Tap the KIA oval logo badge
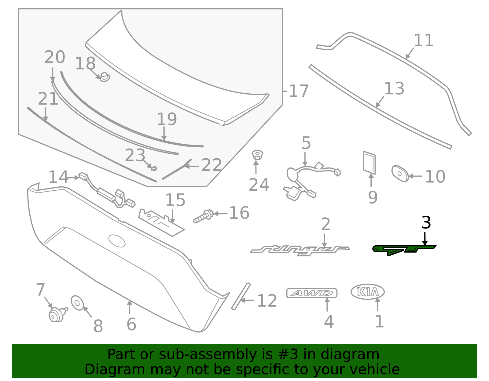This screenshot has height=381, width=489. point(367,292)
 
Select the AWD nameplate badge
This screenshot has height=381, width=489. point(312,293)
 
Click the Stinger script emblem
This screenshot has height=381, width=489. point(300,249)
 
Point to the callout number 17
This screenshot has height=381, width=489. point(298,91)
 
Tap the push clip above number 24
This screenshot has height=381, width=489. point(257,155)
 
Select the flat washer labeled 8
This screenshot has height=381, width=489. point(77,303)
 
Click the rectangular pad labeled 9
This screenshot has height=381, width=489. point(369,163)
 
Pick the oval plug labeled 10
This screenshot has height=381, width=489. point(400,174)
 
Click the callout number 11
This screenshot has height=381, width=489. point(423,40)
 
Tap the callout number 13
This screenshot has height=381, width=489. point(394,88)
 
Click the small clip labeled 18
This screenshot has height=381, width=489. point(105,77)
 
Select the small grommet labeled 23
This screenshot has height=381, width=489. point(154,168)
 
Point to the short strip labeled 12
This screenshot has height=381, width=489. point(241,296)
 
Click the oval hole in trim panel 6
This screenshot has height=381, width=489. point(117,241)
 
